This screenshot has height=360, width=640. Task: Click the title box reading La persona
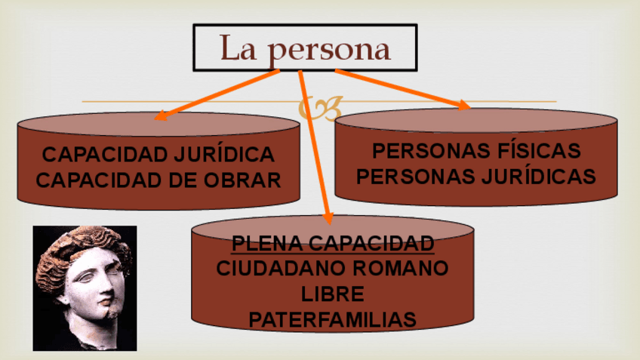tap(305, 48)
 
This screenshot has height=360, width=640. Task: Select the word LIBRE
tap(332, 294)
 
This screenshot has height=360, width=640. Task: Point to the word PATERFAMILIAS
tap(332, 319)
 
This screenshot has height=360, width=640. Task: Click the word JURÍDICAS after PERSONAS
tap(535, 177)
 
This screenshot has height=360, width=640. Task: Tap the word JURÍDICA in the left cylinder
tap(225, 155)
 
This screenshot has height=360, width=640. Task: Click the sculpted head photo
tap(85, 288)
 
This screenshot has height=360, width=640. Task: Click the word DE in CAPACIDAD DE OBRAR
tap(186, 180)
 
